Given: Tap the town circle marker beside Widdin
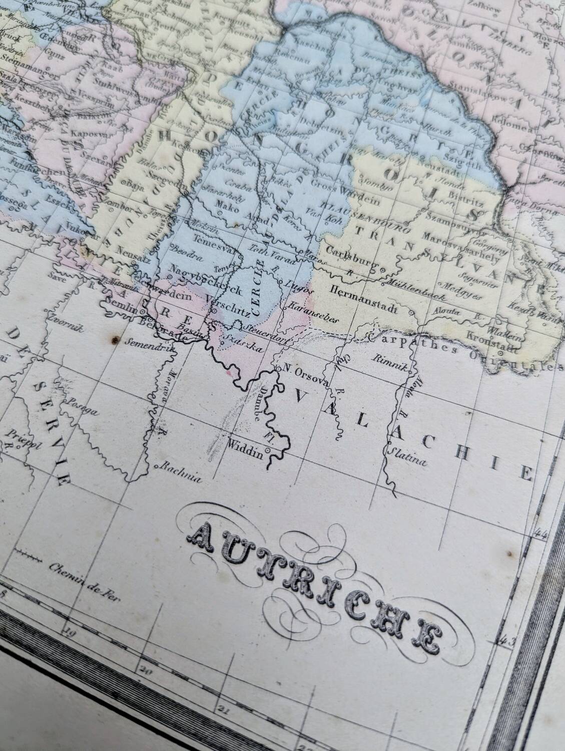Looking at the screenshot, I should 268,451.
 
